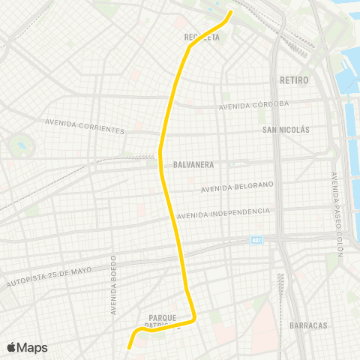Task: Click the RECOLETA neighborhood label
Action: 202,36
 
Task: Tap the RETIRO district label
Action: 293,79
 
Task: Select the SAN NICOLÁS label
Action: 286,129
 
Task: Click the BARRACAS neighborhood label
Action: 308,325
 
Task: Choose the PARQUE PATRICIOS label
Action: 163,321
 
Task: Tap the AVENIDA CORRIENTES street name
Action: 85,125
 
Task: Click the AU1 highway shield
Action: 256,240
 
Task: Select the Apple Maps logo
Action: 27,347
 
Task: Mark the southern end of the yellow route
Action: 129,347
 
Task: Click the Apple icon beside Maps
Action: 11,346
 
